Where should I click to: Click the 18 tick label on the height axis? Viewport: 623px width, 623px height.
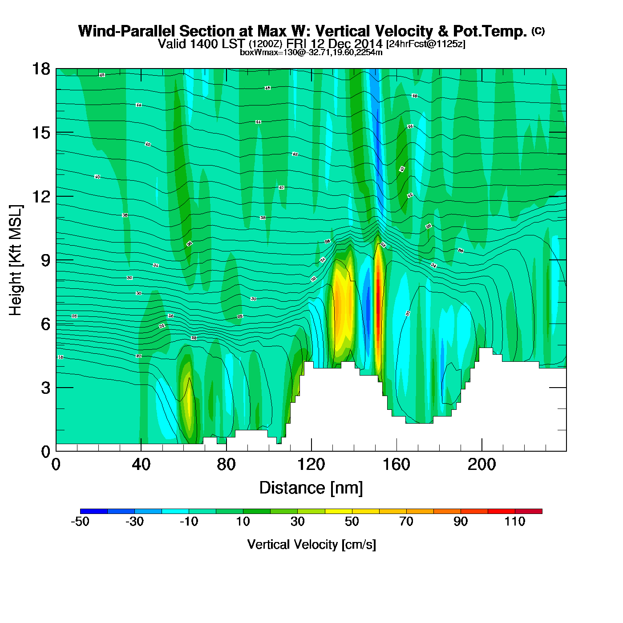(40, 69)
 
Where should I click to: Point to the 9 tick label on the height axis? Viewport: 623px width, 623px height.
(45, 260)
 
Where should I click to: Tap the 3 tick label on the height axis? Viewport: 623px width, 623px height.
(45, 388)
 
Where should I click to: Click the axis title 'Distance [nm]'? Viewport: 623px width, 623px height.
(311, 488)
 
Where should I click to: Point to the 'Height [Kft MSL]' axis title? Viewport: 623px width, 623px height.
(16, 260)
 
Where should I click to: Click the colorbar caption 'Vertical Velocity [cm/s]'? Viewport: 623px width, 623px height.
(311, 545)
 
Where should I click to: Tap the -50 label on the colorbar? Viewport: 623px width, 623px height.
(80, 522)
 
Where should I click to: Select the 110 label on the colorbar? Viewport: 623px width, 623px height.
(515, 522)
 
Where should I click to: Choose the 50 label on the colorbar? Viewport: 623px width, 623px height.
(352, 522)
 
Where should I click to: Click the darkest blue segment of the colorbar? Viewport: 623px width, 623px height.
(94, 511)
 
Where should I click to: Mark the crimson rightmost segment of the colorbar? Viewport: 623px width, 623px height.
(529, 511)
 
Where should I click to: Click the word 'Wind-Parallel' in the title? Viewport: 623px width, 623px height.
(127, 32)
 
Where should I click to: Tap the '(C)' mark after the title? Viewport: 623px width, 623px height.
(538, 31)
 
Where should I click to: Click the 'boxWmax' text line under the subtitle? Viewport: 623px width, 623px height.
(311, 53)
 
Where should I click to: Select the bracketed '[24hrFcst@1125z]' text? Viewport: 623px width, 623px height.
(426, 44)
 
